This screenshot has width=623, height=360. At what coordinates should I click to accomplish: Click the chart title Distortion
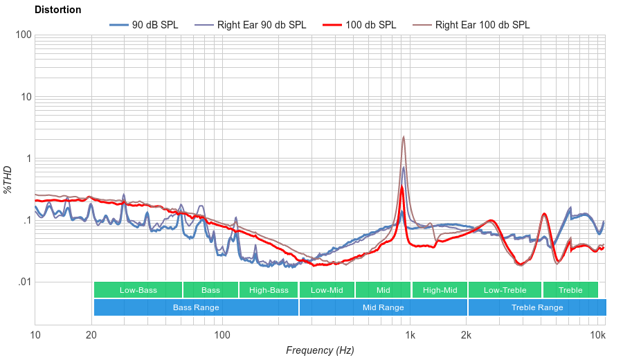pos(57,10)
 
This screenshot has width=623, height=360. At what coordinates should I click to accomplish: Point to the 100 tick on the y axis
pos(23,35)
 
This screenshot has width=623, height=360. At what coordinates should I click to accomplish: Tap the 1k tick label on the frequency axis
pos(410,336)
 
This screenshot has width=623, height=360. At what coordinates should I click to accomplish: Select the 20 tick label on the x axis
pos(91,336)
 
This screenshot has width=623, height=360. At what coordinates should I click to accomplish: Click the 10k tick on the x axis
pos(597,336)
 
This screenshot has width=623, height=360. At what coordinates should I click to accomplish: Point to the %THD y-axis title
pos(8,179)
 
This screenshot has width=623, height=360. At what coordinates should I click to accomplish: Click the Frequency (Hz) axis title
pos(320,350)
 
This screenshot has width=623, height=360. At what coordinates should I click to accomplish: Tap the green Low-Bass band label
pos(138,290)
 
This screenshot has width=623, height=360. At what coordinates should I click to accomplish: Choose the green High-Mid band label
pos(440,290)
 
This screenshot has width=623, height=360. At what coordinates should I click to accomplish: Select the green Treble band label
pos(570,290)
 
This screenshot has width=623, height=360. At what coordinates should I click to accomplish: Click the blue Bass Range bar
pos(196,307)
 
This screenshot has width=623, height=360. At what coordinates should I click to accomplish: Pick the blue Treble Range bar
pos(536,307)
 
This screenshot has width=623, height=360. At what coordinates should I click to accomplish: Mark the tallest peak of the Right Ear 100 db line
pos(404,137)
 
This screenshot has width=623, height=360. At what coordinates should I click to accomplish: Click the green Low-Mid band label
pos(327,290)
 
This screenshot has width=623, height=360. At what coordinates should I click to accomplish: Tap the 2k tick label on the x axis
pos(467,336)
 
